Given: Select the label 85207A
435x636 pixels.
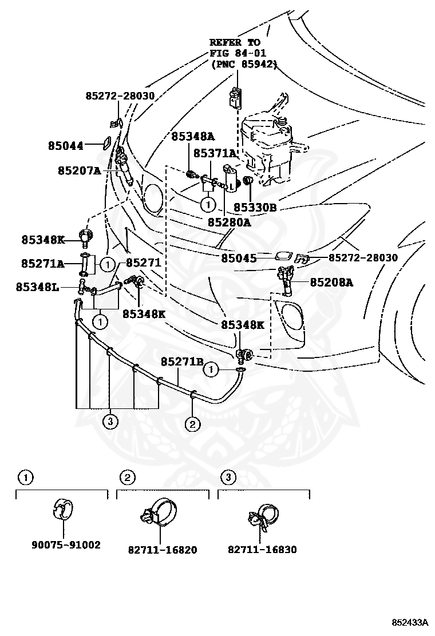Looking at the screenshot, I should pyautogui.click(x=78, y=170).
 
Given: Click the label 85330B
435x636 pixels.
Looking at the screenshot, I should pyautogui.click(x=255, y=208).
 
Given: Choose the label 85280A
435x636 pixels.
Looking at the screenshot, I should pyautogui.click(x=229, y=222).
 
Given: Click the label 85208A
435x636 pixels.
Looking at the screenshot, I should pyautogui.click(x=331, y=282).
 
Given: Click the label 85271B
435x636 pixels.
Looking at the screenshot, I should pyautogui.click(x=182, y=361).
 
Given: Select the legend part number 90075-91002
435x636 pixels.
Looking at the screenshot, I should pyautogui.click(x=66, y=545).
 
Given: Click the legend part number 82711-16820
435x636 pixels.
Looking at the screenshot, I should pyautogui.click(x=163, y=550).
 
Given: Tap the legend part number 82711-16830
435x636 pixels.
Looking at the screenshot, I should pyautogui.click(x=262, y=550).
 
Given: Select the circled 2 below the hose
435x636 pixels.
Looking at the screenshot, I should pyautogui.click(x=192, y=424).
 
